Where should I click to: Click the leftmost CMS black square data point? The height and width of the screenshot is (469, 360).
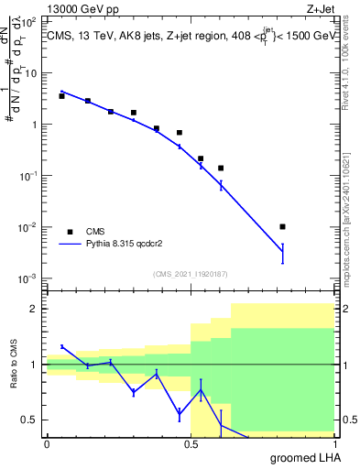click(61, 95)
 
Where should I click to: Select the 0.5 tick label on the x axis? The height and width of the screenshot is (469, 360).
click(191, 443)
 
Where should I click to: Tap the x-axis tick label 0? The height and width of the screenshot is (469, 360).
click(47, 443)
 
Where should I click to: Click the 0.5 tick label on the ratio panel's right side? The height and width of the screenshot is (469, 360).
click(348, 420)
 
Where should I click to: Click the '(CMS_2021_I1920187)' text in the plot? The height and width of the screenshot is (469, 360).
click(191, 274)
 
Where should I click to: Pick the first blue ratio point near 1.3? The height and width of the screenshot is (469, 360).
click(61, 346)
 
